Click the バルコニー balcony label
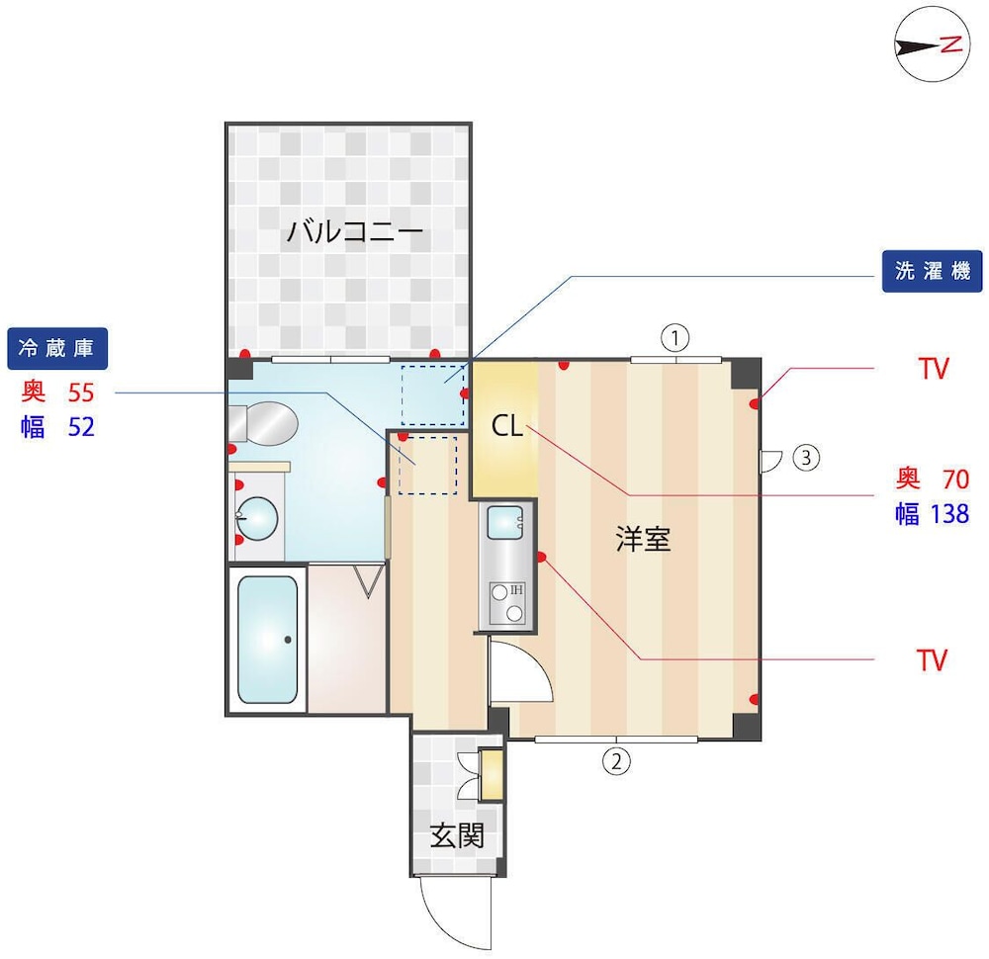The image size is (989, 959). [355, 232]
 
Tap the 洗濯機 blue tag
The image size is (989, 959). [933, 271]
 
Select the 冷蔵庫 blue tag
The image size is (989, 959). [56, 348]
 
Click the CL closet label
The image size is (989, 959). [507, 427]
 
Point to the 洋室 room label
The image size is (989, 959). [643, 540]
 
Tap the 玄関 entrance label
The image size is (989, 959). [457, 836]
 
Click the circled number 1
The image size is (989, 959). [674, 339]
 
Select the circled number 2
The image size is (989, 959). [616, 761]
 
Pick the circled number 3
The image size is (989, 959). [806, 457]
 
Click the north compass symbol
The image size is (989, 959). [933, 44]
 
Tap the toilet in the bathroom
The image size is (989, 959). [263, 424]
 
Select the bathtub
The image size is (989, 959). [267, 640]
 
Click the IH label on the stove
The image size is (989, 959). [516, 590]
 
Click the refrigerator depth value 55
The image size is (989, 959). [81, 392]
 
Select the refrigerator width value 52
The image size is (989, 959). [81, 427]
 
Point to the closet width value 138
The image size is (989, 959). [949, 514]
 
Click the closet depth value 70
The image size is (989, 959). [955, 479]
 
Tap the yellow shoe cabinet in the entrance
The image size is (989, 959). [492, 774]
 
